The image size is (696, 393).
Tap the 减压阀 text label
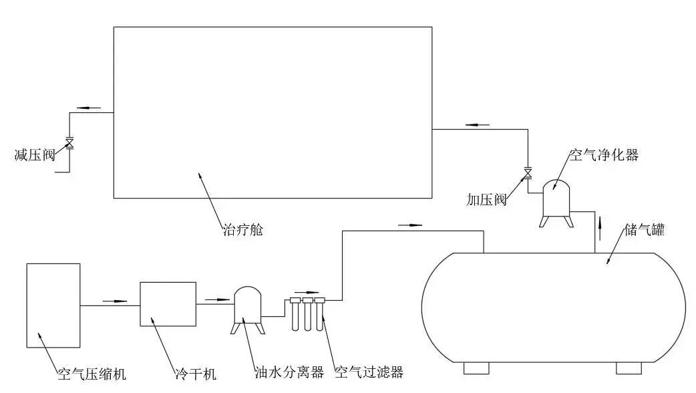(x=34, y=155)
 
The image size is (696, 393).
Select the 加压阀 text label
(x=487, y=199)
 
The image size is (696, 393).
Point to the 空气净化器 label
(x=603, y=155)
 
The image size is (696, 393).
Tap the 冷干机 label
(x=192, y=373)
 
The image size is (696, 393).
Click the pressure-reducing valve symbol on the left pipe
(x=69, y=143)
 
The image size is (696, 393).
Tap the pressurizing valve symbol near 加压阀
(x=528, y=174)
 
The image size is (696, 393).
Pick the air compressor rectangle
(x=53, y=305)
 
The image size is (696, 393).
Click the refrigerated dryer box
(x=168, y=303)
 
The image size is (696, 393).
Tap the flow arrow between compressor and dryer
(x=115, y=301)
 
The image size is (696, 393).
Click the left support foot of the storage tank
(x=476, y=368)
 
